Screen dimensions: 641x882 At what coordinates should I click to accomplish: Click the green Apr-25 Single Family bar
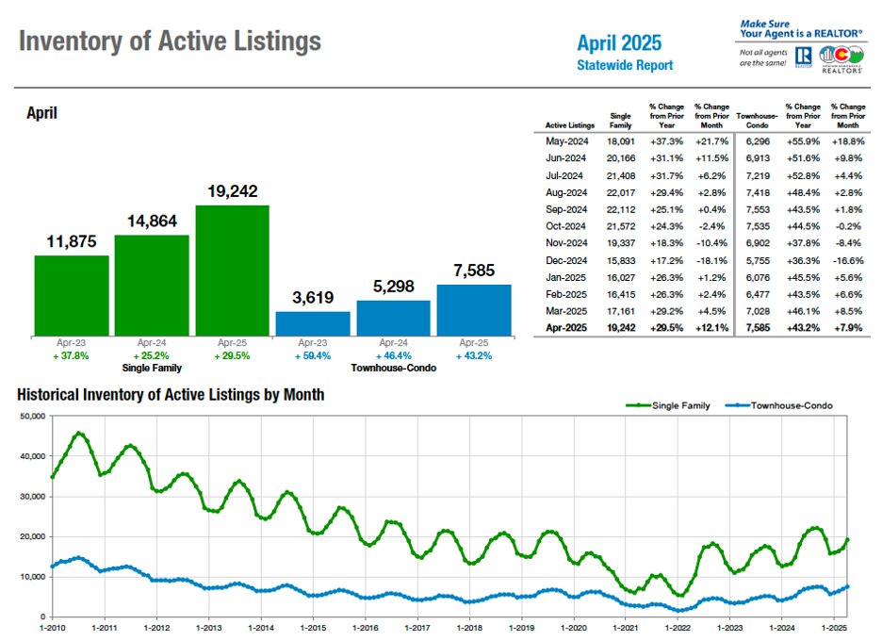point(232,270)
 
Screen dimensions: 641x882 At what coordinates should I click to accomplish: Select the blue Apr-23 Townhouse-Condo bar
point(313,323)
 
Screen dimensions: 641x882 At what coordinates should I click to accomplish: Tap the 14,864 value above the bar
point(152,222)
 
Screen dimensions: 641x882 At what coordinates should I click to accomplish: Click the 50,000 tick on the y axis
point(31,416)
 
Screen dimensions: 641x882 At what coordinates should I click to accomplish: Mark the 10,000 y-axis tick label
point(31,577)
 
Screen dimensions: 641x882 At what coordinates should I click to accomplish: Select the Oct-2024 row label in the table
point(565,226)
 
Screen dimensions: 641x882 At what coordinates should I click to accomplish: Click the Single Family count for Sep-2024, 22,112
point(621,209)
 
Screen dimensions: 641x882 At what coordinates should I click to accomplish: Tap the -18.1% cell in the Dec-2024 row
point(711,260)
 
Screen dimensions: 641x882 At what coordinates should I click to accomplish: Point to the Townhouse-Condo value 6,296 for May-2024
point(757,141)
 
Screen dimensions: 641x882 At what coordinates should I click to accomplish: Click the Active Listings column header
point(570,124)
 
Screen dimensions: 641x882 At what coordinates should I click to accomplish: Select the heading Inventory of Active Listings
point(170,41)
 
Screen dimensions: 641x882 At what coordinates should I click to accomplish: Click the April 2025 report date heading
point(619,42)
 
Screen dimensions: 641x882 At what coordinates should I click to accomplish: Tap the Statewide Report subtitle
point(625,65)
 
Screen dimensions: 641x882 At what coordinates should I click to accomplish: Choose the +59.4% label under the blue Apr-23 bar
point(313,357)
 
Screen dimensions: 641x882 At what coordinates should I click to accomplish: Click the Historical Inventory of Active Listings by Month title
point(171,395)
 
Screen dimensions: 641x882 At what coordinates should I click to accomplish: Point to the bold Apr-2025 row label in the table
point(565,328)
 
